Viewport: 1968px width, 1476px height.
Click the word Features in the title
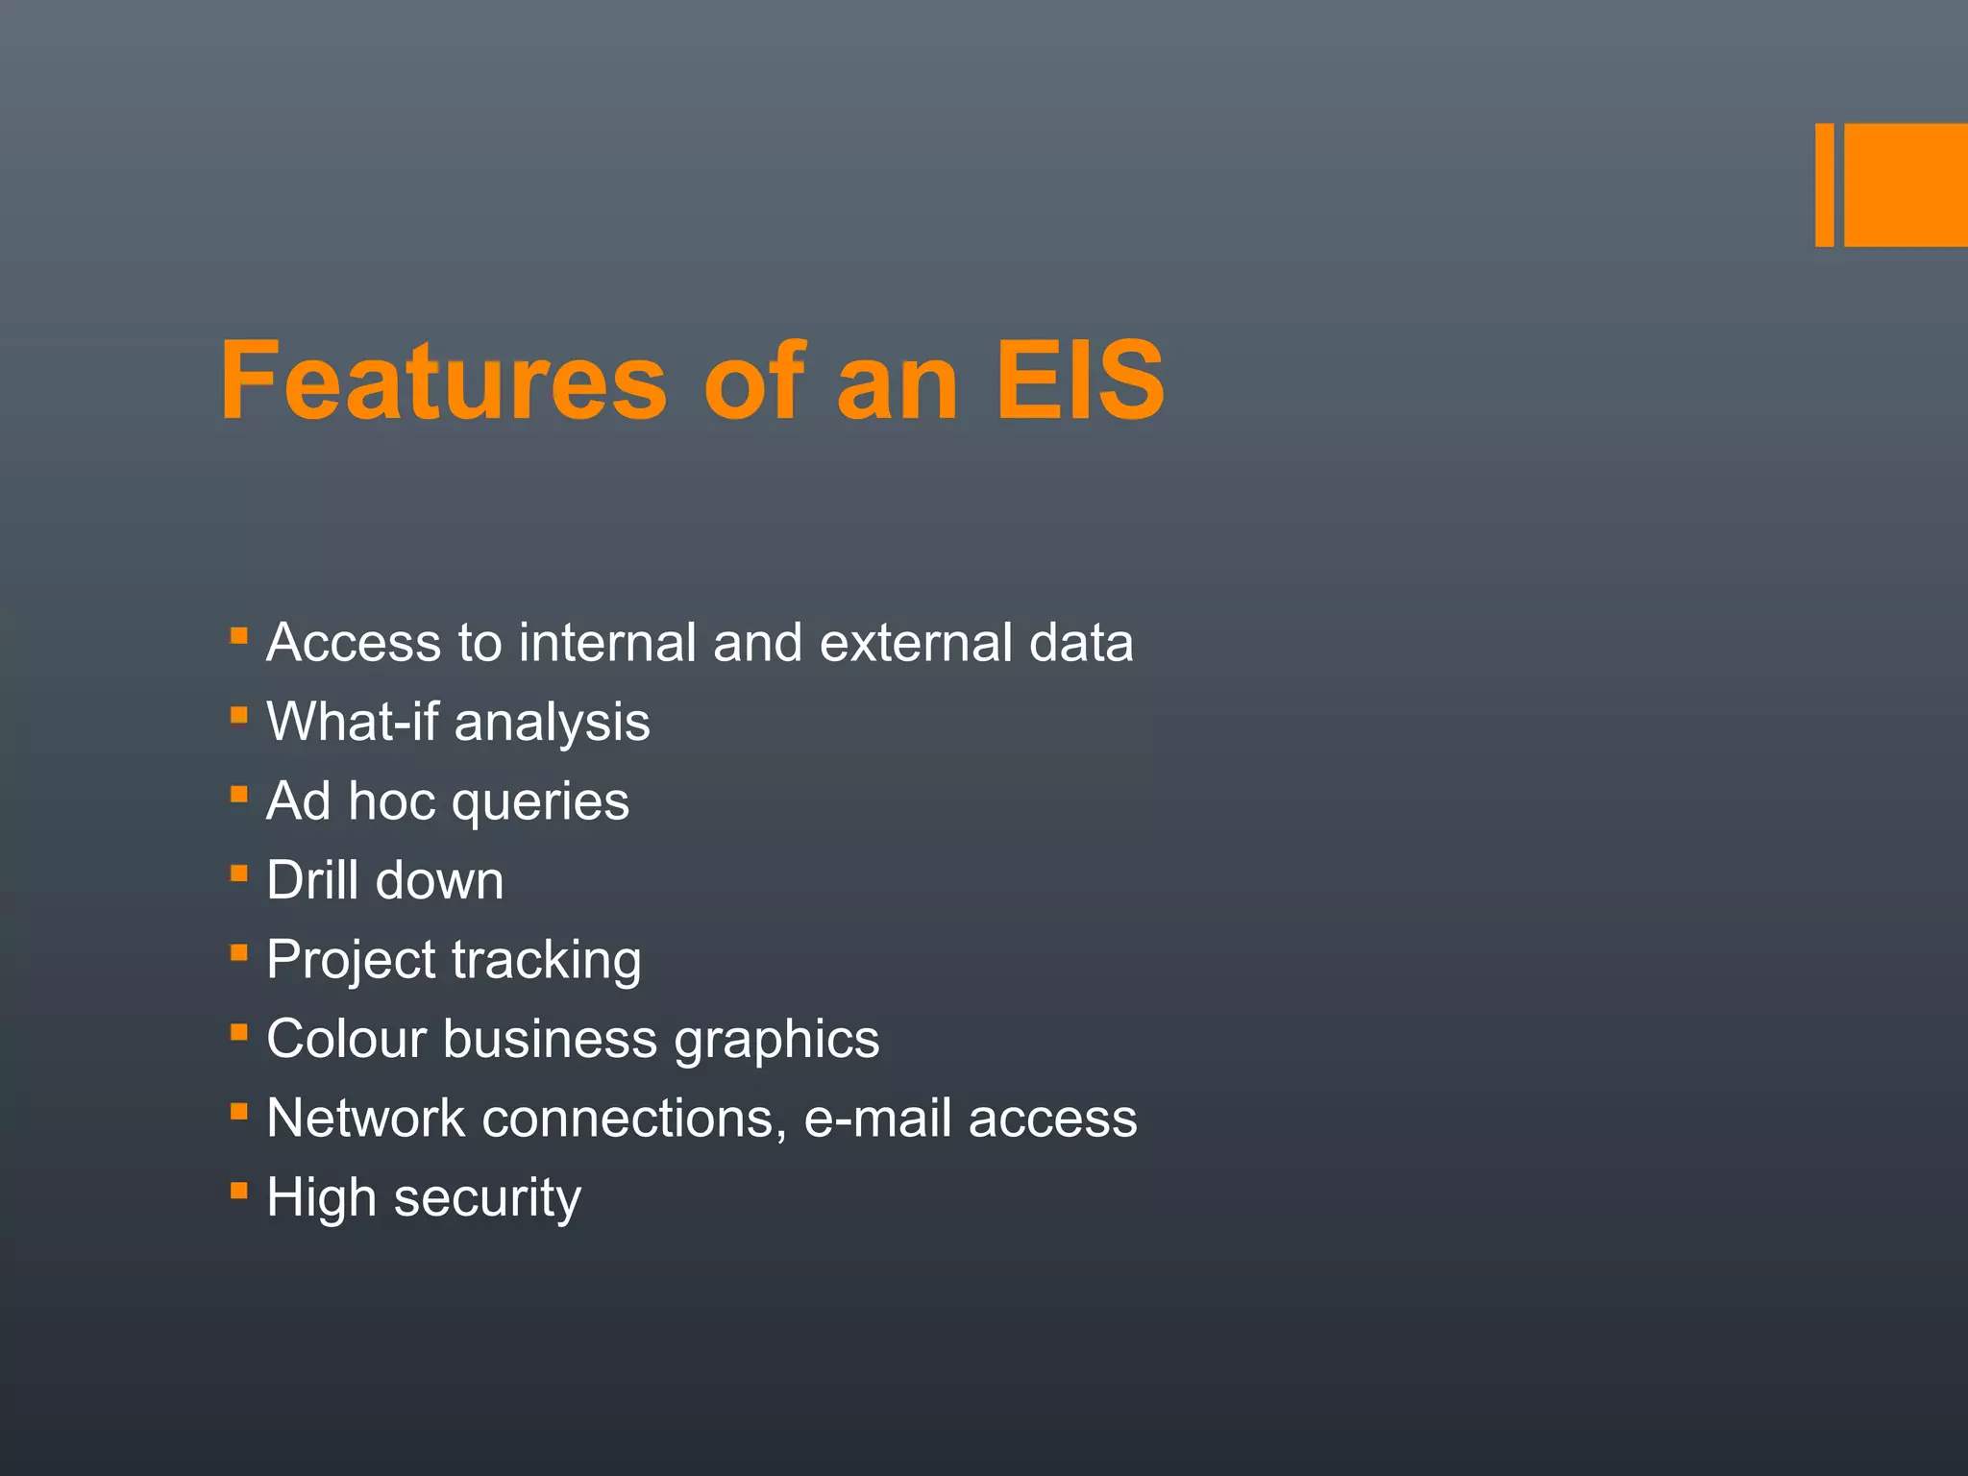click(x=443, y=381)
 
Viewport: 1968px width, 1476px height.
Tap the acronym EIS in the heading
click(x=1080, y=381)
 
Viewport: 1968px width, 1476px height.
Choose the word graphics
click(x=776, y=1041)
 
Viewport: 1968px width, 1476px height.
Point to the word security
click(x=487, y=1199)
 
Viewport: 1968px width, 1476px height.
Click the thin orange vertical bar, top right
click(x=1824, y=184)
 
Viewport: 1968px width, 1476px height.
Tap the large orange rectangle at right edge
click(x=1906, y=184)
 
